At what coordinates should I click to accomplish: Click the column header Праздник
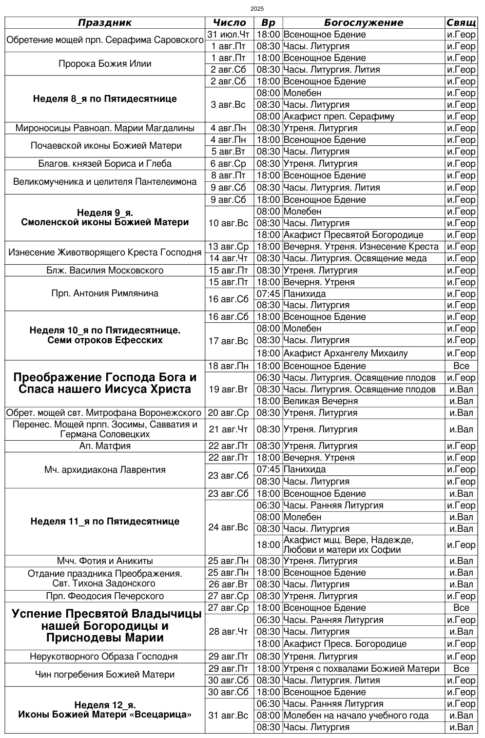click(105, 22)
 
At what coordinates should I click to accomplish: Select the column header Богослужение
click(363, 22)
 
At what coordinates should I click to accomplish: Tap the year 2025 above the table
click(257, 9)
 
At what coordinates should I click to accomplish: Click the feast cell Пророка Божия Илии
click(105, 64)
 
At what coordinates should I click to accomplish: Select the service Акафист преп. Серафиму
click(339, 117)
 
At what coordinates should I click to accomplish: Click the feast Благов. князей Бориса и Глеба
click(105, 164)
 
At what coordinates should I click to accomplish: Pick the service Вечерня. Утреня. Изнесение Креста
click(361, 247)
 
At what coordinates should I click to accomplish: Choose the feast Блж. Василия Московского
click(105, 271)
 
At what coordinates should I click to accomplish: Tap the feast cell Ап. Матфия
click(105, 446)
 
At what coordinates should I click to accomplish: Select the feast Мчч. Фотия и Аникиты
click(105, 561)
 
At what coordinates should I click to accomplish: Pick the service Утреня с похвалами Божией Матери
click(361, 669)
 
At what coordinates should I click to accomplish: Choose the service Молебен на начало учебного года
click(356, 716)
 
